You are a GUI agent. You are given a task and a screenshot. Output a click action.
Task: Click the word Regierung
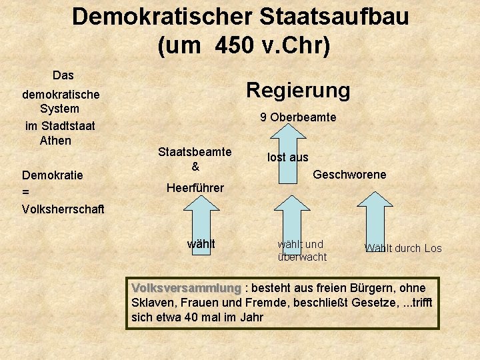tap(298, 90)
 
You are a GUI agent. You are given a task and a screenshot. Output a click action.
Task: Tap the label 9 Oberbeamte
tap(298, 118)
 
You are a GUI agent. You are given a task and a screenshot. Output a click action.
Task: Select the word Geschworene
tap(349, 175)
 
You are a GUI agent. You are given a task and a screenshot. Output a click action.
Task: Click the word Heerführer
tap(195, 188)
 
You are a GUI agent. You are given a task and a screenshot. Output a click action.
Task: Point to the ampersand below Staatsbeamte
tap(195, 166)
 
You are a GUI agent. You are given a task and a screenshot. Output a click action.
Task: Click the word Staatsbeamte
tap(195, 152)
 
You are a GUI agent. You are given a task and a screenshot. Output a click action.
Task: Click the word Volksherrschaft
tap(63, 209)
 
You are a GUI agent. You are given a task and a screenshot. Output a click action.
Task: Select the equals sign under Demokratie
tap(26, 192)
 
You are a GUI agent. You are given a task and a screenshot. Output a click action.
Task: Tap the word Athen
tap(55, 141)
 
